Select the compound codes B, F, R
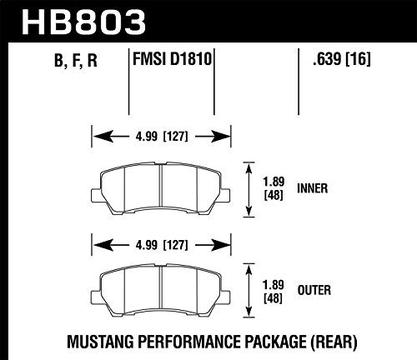tap(63, 60)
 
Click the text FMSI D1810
tap(172, 59)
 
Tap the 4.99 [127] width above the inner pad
tap(158, 135)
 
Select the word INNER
tap(312, 189)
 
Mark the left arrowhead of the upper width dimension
tap(93, 135)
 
